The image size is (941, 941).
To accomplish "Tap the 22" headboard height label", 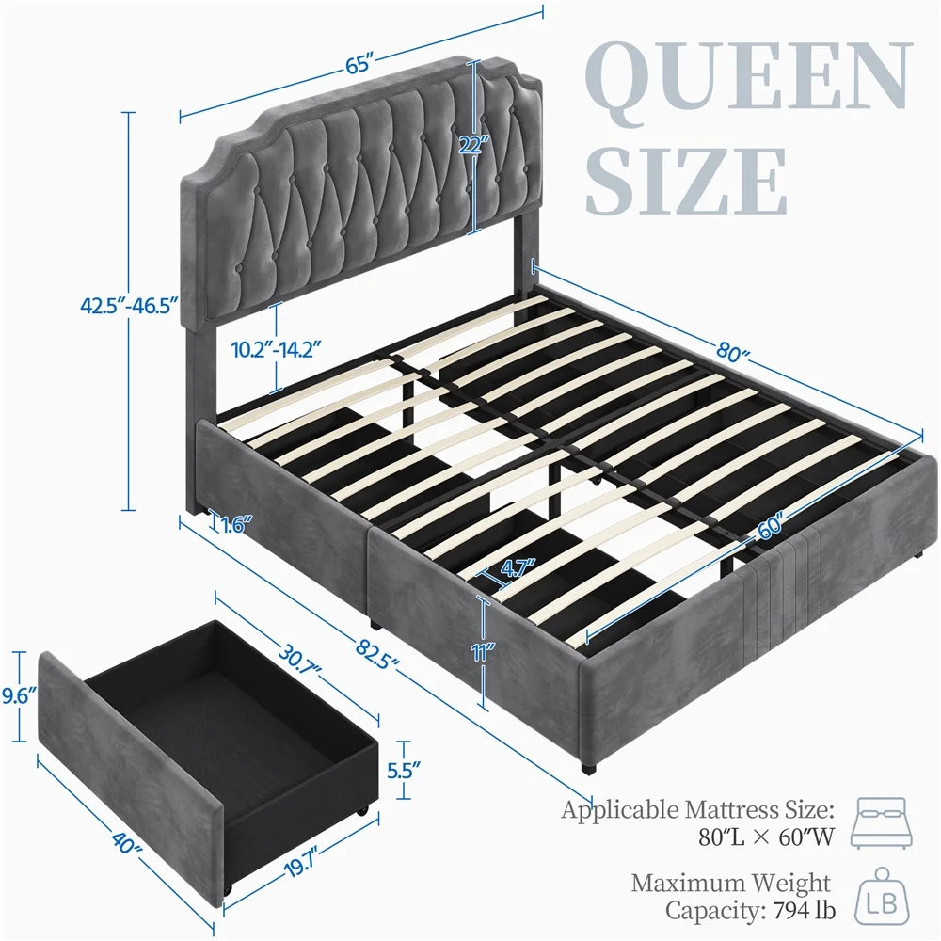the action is (x=474, y=145).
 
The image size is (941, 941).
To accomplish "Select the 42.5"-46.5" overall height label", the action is (x=130, y=306).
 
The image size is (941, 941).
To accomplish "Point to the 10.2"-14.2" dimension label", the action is (x=276, y=349).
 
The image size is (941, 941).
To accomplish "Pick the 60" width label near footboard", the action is (x=771, y=526).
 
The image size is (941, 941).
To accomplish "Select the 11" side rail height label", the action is (x=483, y=652).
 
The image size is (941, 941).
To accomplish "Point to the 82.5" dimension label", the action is (x=377, y=654).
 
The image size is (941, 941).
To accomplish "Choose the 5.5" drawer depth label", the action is (x=404, y=770).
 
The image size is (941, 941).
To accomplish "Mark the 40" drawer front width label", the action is (x=127, y=842).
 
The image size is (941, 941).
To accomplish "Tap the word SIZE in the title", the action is (x=685, y=182).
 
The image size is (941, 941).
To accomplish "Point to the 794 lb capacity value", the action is (x=805, y=910).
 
